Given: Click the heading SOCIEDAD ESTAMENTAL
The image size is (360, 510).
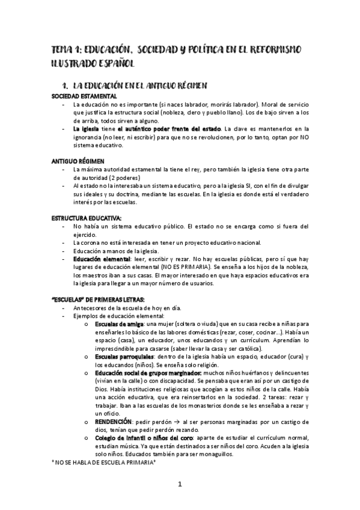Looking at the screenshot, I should [84, 96].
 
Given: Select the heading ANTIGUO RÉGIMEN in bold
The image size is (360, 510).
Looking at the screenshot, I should [78, 162].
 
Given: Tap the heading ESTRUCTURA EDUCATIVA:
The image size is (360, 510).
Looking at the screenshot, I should [87, 218].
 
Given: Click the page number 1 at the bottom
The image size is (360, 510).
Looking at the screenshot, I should [179, 485].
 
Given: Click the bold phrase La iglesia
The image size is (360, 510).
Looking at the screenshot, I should [85, 129].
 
